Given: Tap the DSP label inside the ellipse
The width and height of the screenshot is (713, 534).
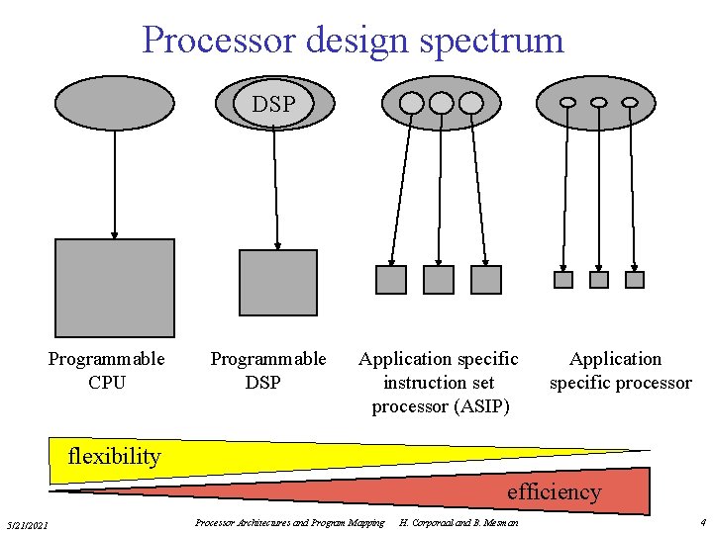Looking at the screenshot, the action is [273, 104].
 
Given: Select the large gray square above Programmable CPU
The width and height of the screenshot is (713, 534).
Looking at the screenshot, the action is [114, 288].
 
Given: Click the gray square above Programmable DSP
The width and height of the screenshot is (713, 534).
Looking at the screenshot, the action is [278, 282].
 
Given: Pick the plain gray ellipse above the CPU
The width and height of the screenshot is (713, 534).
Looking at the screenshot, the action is [114, 104].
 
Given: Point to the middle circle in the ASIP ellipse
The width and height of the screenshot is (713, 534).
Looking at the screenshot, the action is [441, 103].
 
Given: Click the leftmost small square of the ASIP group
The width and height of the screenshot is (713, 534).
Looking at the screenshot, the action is [391, 279].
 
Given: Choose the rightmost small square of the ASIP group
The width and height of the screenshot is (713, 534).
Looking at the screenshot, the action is [486, 279].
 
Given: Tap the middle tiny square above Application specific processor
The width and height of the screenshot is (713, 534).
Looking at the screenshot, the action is [599, 280].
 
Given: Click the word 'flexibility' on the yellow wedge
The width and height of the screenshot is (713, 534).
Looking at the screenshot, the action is [113, 457].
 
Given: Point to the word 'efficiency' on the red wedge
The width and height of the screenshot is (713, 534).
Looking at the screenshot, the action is [554, 491].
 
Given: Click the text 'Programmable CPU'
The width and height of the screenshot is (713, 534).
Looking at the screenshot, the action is [107, 370].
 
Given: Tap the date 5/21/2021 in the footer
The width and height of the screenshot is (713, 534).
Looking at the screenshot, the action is [33, 523].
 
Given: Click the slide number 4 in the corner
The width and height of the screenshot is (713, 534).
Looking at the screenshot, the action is [702, 521].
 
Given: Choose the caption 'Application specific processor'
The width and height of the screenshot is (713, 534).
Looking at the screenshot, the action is [620, 370].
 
